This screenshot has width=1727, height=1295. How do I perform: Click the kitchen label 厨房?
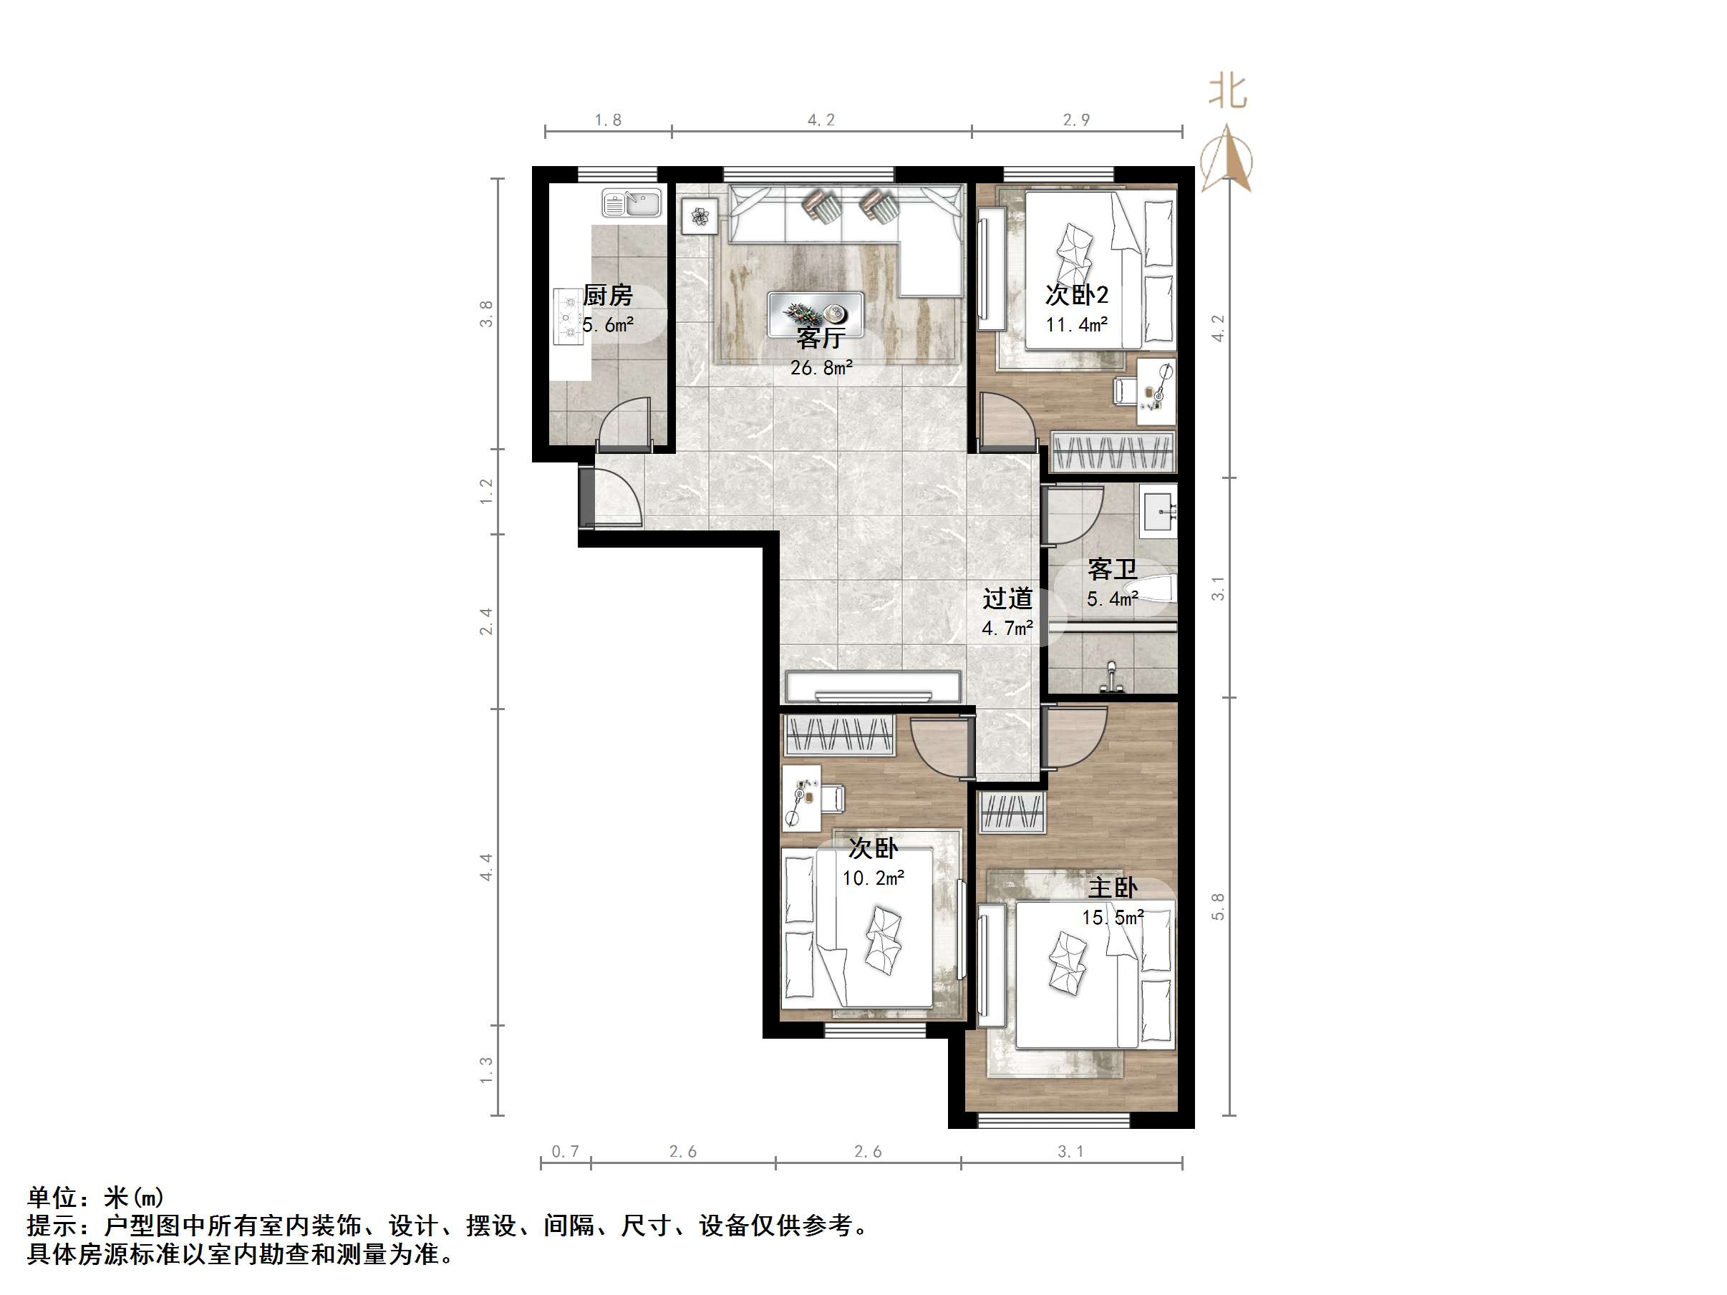tap(607, 295)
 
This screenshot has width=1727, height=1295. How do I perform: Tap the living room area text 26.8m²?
tap(821, 367)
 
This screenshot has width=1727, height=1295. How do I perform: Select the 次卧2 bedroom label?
tap(1077, 294)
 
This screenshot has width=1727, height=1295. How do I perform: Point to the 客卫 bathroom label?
tap(1112, 569)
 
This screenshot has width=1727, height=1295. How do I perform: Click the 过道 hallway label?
tap(1007, 598)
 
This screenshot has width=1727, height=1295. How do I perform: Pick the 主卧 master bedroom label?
tap(1113, 888)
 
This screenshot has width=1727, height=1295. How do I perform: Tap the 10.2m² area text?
tap(873, 878)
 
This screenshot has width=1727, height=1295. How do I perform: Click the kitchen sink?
tap(632, 203)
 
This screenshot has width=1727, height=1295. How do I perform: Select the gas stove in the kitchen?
tap(568, 316)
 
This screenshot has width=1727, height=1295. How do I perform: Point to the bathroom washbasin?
tap(1158, 512)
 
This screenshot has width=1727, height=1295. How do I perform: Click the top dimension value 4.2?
tap(821, 120)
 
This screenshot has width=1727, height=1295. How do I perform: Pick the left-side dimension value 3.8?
tap(485, 314)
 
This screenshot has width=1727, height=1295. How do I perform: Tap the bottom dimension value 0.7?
tap(565, 1151)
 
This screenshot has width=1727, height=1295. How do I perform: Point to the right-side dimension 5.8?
tap(1218, 906)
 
